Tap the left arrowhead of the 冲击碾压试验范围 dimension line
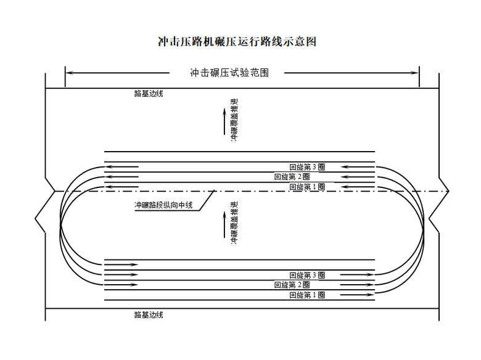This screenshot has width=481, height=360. pos(69,73)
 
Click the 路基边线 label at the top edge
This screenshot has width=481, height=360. pos(149,94)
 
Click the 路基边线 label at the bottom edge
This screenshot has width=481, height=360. pos(149,315)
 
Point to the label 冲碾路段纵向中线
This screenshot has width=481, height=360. pos(164,205)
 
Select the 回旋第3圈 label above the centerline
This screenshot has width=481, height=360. pos(307,167)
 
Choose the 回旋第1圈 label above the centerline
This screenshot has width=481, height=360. pos(307,187)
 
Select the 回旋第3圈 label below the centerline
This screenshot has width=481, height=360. pos(307,275)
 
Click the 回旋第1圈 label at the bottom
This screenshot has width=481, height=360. pos(307,295)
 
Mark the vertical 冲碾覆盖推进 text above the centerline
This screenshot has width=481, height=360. pos(234,120)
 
